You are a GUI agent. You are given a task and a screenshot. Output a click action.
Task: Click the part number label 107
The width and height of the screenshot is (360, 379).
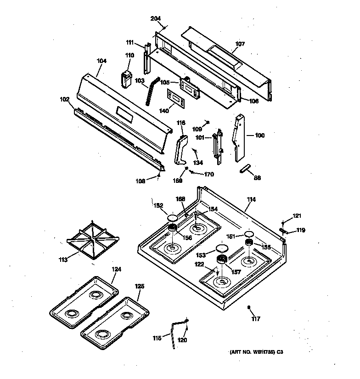[240, 45]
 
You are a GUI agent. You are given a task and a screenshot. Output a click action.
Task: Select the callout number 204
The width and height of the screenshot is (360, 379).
[156, 18]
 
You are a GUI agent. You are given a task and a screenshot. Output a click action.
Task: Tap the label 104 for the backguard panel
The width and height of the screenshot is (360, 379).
[101, 61]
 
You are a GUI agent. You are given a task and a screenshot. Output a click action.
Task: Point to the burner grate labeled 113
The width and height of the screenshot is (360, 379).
[93, 240]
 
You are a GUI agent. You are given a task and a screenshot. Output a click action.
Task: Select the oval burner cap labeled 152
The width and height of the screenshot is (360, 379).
[172, 218]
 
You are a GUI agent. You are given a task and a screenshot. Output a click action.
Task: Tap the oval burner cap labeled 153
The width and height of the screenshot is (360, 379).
[222, 249]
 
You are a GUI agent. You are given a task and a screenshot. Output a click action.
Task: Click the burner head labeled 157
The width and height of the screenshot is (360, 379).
[222, 261]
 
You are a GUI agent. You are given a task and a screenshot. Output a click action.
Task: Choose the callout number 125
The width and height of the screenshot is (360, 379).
[140, 286]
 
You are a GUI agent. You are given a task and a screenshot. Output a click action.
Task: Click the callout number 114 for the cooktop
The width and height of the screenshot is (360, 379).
[251, 199]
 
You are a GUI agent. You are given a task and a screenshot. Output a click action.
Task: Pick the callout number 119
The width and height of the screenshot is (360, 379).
[300, 230]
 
